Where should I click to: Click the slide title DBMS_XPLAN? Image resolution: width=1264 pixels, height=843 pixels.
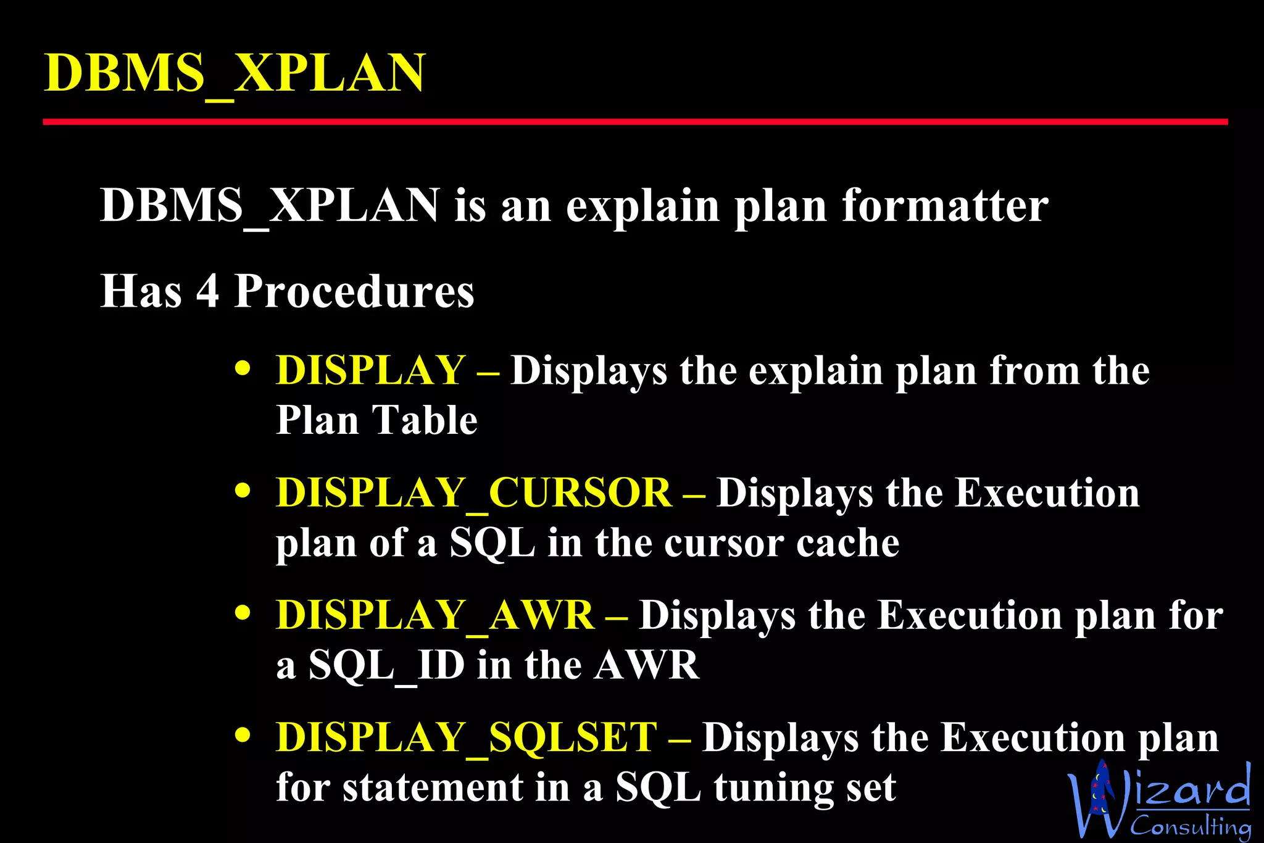(235, 73)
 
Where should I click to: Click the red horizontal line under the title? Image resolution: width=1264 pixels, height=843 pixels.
(634, 122)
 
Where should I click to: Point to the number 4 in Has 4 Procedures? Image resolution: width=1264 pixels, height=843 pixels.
(207, 291)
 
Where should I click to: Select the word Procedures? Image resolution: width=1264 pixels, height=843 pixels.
(354, 291)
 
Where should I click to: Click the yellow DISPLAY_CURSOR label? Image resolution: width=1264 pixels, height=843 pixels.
(473, 493)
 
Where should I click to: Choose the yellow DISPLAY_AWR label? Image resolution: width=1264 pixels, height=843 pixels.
(434, 615)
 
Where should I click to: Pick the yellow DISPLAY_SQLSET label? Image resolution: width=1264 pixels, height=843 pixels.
(466, 737)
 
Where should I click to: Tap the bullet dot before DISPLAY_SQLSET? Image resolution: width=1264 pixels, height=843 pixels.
(243, 736)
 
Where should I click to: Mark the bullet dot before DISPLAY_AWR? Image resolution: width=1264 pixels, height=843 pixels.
(243, 613)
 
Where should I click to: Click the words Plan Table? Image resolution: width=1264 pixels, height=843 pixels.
(376, 420)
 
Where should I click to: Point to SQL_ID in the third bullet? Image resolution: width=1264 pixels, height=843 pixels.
(386, 665)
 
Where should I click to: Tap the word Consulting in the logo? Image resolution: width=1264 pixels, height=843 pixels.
(1191, 826)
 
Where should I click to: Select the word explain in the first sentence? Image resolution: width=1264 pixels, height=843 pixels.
(642, 207)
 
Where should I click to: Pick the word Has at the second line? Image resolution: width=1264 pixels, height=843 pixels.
(141, 291)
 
